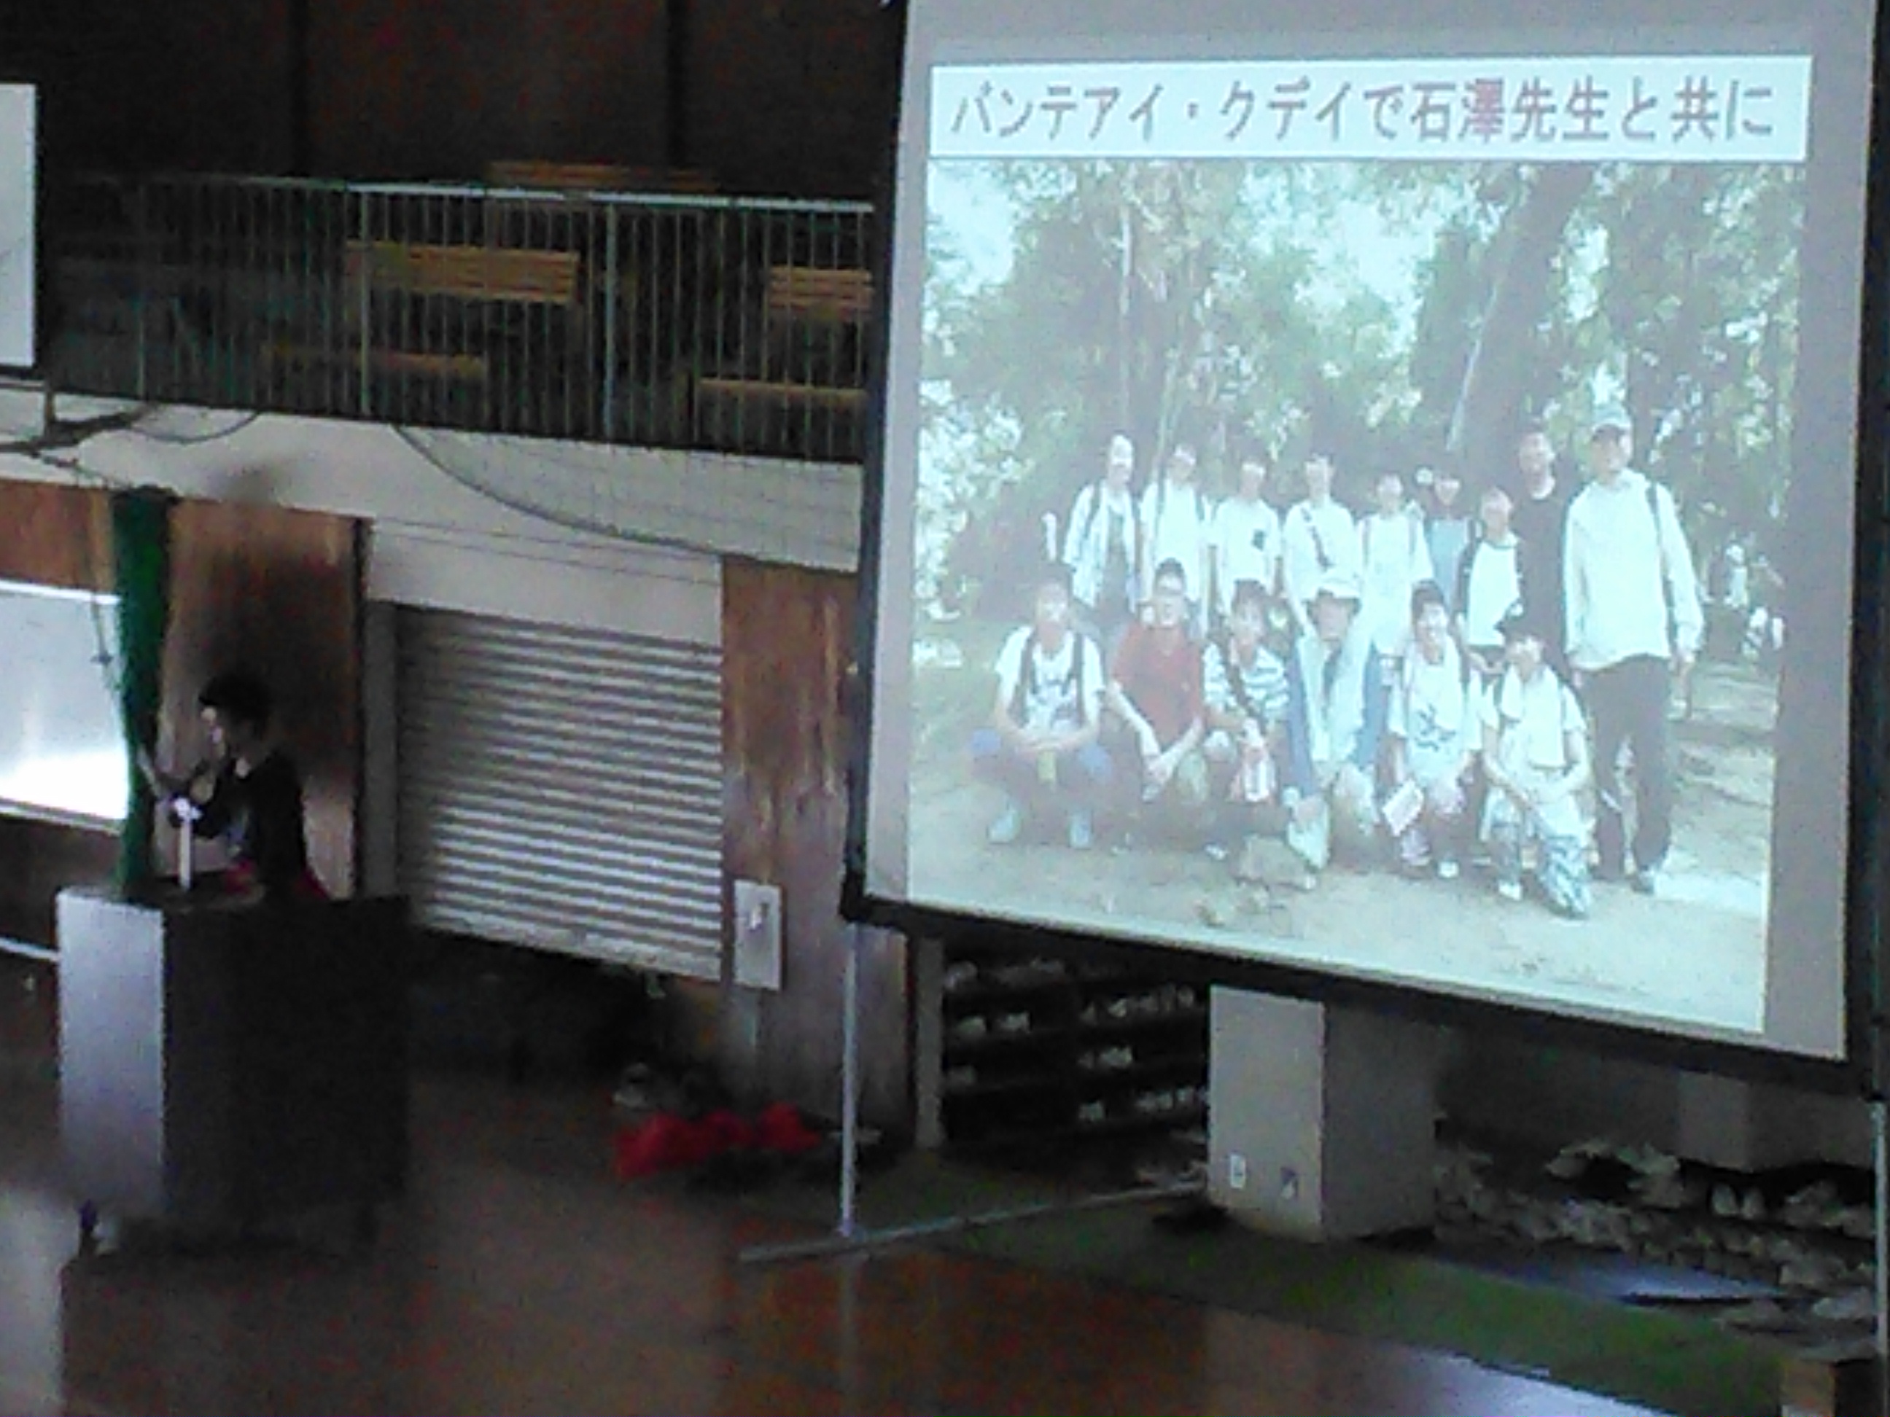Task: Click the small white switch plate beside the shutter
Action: click(757, 934)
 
